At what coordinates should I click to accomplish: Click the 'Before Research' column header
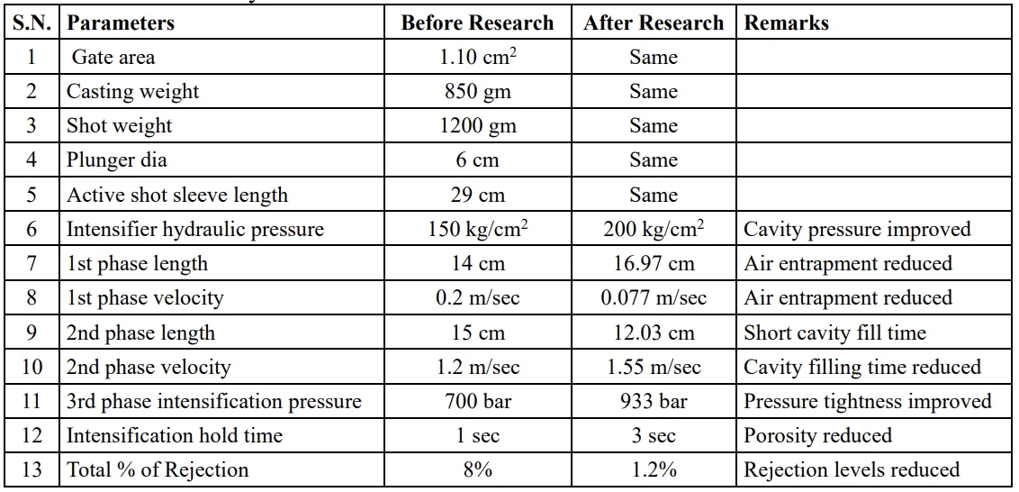coord(478,23)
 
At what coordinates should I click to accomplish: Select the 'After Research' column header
coord(654,23)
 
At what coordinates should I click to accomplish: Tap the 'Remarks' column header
coord(786,23)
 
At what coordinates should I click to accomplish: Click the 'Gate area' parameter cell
coord(113,57)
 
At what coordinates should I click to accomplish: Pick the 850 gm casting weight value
coord(478,92)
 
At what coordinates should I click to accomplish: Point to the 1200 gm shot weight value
coord(478,126)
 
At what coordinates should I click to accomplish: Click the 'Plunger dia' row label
coord(117,160)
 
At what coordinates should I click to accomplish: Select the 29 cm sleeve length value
coord(478,195)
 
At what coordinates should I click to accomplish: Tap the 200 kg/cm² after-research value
coord(654,229)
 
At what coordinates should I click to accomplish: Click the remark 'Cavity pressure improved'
coord(857,229)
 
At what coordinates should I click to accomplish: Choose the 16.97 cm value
coord(654,264)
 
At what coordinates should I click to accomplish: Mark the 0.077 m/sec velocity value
coord(654,298)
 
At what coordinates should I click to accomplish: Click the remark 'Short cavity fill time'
coord(834,333)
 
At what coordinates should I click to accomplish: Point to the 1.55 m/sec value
coord(654,367)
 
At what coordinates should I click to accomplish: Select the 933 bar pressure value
coord(654,401)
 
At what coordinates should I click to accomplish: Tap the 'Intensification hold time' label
coord(175,435)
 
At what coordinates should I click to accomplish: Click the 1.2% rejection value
coord(654,469)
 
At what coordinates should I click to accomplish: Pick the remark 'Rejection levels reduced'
coord(852,469)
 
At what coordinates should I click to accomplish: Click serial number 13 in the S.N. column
coord(32,469)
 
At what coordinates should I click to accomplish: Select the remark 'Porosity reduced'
coord(817,435)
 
